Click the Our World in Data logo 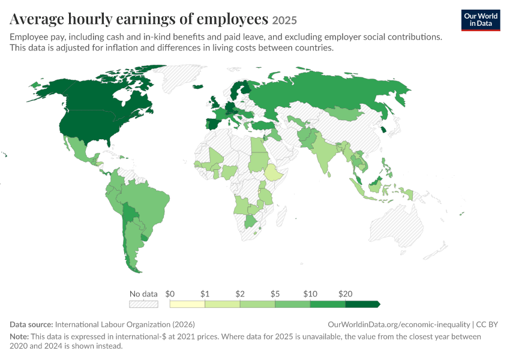point(481,20)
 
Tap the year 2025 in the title point(284,20)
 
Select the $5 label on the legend point(275,294)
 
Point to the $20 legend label point(345,294)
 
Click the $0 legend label point(170,294)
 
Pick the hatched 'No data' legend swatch point(143,304)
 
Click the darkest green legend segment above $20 point(362,304)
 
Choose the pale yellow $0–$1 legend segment point(187,304)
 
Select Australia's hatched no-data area point(397,226)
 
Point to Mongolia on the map point(343,113)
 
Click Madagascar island point(281,215)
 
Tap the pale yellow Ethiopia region point(273,173)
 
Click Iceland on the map point(198,86)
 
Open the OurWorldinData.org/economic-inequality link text point(399,325)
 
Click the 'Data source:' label point(31,325)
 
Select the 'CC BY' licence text point(487,325)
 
